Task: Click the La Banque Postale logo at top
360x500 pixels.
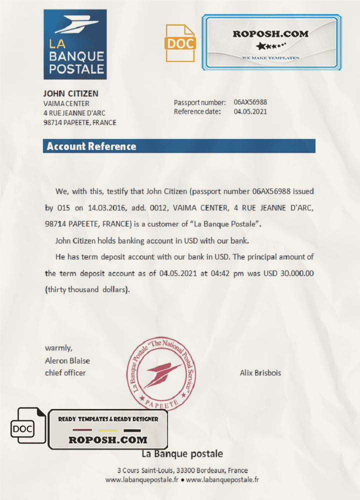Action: coord(75,44)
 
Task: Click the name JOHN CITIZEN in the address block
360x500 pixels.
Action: coord(70,93)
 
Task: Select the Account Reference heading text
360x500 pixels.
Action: coord(91,146)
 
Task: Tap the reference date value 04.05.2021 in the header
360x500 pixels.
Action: coord(250,111)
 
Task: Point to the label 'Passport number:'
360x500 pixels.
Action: coord(199,102)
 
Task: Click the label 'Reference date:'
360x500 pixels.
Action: coord(197,111)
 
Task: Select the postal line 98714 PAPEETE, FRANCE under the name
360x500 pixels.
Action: coord(79,122)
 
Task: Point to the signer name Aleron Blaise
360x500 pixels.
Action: coord(67,360)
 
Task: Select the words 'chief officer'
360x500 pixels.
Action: coord(65,372)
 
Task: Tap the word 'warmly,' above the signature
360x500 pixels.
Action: coord(58,348)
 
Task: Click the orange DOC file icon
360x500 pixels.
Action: coord(180,43)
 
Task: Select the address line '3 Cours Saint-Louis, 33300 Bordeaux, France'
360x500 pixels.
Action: coord(182,470)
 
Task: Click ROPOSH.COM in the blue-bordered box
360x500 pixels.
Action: coord(270,34)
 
